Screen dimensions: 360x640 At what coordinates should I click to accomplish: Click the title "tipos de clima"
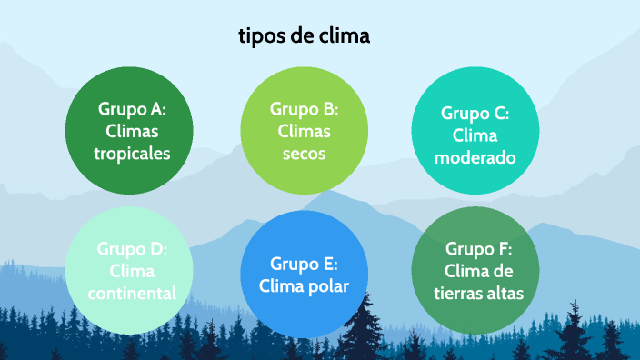click(305, 36)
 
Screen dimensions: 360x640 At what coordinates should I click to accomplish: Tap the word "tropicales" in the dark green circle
click(132, 154)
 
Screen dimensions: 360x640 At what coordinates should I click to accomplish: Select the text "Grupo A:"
click(132, 109)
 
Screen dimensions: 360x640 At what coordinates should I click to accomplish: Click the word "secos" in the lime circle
click(304, 154)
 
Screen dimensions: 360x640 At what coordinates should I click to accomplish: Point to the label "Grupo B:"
click(304, 109)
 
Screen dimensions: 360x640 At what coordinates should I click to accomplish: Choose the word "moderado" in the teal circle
click(475, 158)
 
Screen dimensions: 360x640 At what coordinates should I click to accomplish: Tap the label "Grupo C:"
click(475, 114)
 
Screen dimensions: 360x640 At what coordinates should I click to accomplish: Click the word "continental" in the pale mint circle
click(132, 293)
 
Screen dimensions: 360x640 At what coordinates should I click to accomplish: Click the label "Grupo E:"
click(304, 265)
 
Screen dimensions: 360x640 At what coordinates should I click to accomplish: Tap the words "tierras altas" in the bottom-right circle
click(479, 293)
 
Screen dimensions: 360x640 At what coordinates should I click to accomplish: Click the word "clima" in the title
click(345, 36)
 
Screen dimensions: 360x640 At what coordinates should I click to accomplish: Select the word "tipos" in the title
click(259, 37)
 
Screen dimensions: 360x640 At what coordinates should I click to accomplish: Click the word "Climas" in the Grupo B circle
click(304, 132)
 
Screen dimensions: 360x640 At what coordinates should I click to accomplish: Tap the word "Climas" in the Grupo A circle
click(132, 132)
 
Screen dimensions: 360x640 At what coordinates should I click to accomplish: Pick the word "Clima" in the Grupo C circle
click(475, 136)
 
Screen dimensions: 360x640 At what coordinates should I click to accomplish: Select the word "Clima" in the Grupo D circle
click(132, 271)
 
